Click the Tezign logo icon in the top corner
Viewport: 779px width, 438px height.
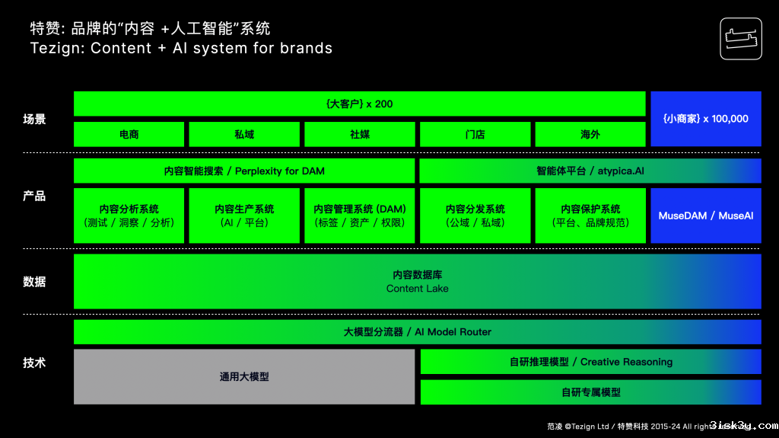click(740, 38)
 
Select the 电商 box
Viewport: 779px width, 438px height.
click(129, 134)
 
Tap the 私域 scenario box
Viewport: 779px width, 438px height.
click(244, 134)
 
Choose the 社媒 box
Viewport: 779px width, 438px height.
click(360, 134)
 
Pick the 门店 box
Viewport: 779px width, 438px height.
click(475, 134)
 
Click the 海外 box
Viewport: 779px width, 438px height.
click(590, 134)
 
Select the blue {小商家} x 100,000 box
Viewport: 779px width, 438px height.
click(705, 119)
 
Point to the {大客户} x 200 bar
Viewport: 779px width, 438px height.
click(359, 104)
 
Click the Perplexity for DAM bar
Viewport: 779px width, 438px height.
click(244, 171)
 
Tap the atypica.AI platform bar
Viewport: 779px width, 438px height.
click(590, 171)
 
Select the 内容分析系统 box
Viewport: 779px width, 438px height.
click(129, 216)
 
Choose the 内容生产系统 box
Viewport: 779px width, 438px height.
click(244, 216)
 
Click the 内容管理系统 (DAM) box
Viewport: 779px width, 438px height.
click(360, 216)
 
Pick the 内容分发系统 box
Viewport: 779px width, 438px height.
click(475, 216)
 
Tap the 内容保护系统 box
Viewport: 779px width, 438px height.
click(590, 216)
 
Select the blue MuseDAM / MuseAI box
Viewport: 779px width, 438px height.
click(705, 216)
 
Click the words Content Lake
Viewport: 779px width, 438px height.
click(417, 289)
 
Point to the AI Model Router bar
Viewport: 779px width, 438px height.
click(417, 332)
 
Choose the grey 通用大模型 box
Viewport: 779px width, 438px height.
click(244, 376)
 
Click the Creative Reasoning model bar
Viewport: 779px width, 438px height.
click(590, 362)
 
